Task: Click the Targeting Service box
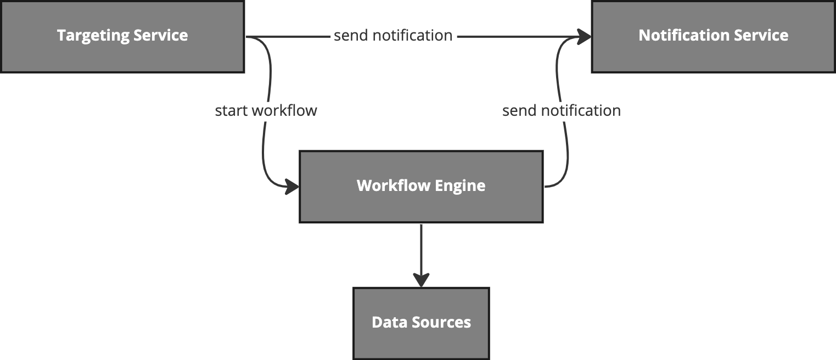point(122,36)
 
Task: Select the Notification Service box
point(713,36)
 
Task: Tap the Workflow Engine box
point(421,187)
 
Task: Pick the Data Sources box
point(421,323)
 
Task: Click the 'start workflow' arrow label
point(266,111)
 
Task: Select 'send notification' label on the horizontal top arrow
point(393,36)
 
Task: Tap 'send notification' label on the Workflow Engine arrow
point(562,111)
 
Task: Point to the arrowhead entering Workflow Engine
point(293,187)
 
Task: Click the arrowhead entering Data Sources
point(421,280)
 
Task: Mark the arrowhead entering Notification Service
point(585,37)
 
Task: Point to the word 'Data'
point(385,322)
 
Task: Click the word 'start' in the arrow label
point(231,111)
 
